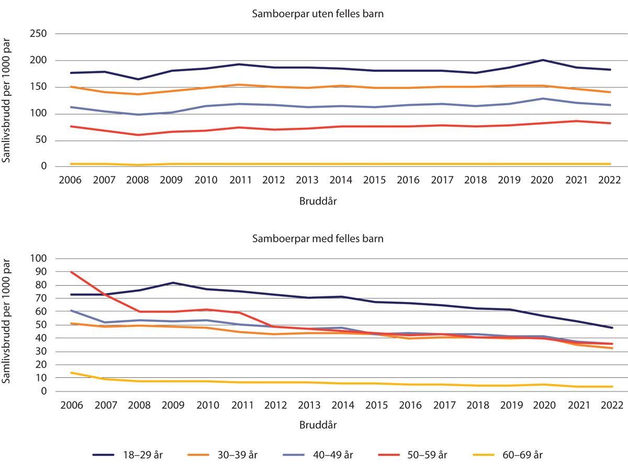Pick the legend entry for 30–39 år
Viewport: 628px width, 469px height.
coord(228,455)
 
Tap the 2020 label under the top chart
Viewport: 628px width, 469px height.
coord(542,180)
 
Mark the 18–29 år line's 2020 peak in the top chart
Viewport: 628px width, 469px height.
coord(542,60)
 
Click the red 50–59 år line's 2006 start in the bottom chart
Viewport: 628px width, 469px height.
coord(70,272)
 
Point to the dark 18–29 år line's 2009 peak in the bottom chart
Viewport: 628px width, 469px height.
coord(171,283)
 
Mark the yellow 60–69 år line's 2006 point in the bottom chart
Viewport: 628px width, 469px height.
coord(70,373)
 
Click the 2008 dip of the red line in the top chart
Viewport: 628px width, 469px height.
coord(138,135)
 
